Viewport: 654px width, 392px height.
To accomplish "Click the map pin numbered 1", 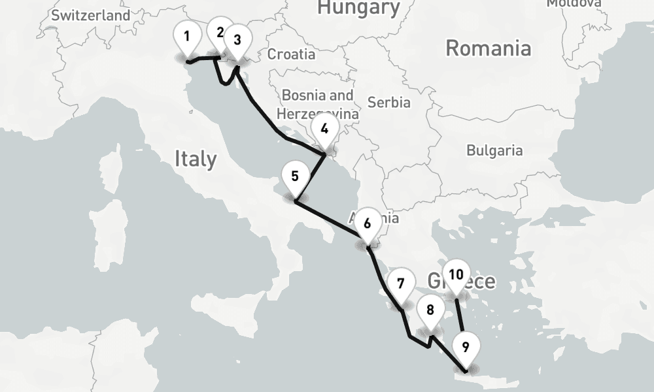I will (187, 37).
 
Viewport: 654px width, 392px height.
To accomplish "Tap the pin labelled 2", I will (219, 33).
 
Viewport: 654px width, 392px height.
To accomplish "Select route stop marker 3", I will (237, 40).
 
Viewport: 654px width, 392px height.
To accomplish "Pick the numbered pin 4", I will (324, 129).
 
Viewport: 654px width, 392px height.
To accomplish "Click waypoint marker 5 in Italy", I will (295, 176).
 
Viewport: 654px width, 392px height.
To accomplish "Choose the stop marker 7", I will (400, 284).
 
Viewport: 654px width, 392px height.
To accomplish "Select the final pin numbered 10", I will (456, 274).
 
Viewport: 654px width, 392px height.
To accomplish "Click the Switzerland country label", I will (90, 15).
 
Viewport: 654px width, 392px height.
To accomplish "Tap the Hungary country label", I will (358, 8).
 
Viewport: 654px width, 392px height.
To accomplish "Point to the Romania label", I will (488, 48).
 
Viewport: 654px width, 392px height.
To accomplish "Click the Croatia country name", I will (291, 54).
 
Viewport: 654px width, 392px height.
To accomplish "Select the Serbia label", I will (389, 103).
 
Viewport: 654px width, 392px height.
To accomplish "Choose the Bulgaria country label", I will (494, 150).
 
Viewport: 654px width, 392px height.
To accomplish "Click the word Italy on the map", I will (196, 159).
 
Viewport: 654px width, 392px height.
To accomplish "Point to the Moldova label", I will (574, 3).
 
